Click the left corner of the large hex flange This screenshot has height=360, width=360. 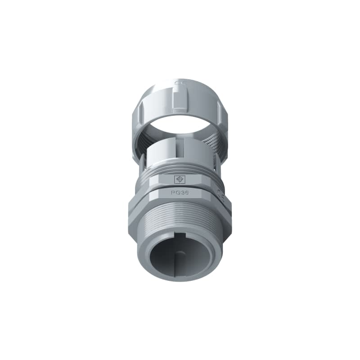130,208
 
